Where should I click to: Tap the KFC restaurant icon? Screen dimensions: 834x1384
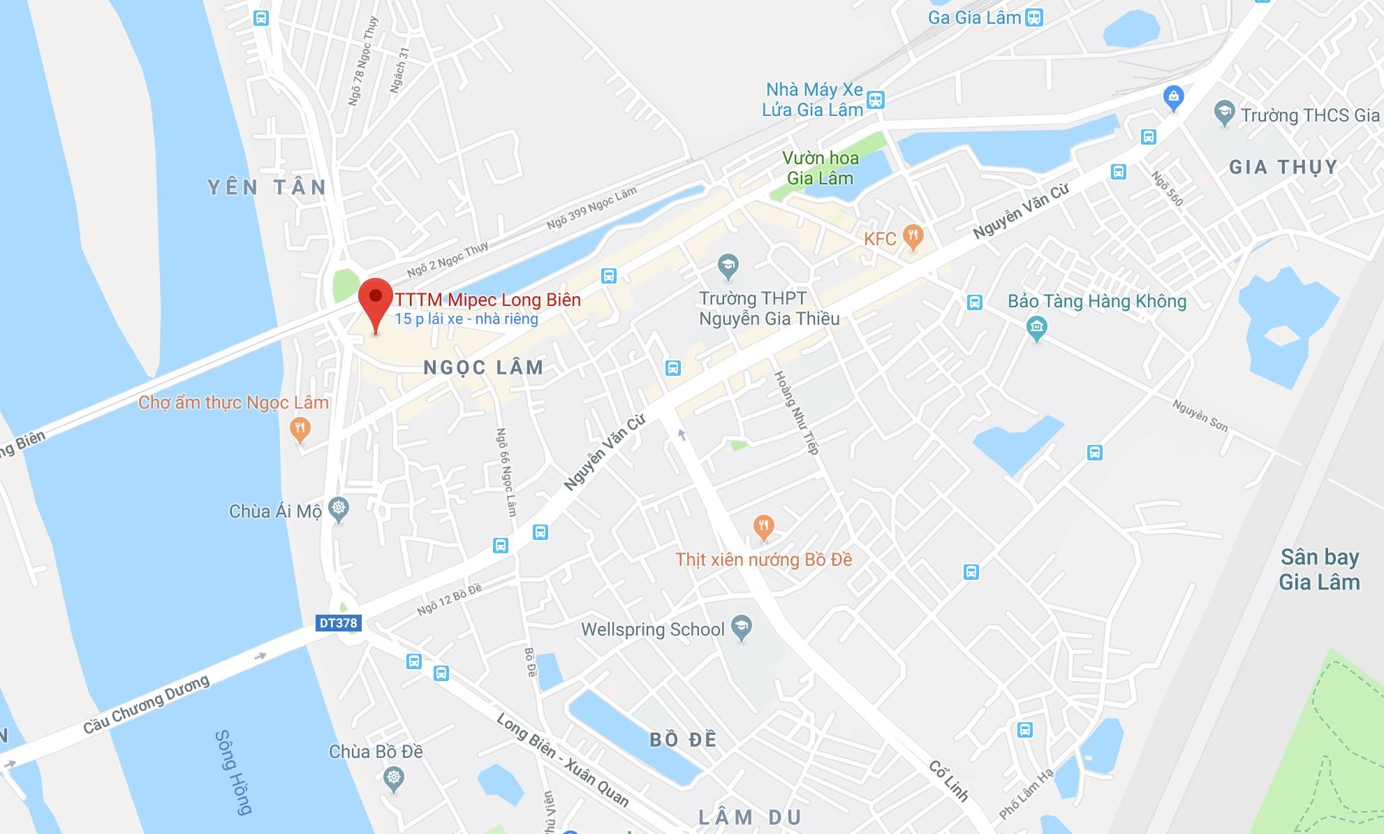913,236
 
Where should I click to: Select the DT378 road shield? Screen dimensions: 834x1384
338,623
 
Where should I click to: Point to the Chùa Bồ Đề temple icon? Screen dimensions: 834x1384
395,777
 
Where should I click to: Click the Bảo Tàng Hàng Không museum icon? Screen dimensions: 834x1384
1037,327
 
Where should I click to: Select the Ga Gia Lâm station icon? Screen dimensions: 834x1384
1034,17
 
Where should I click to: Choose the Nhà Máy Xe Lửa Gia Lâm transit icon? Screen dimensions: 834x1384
876,100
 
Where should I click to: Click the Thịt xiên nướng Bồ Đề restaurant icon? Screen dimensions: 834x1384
764,527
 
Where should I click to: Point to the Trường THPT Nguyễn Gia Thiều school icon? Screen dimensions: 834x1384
728,265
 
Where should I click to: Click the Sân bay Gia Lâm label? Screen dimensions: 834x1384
1319,569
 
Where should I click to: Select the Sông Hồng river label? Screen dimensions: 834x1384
233,772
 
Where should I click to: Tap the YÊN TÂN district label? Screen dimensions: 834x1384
267,187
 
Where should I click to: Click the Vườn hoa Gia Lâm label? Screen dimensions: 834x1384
820,168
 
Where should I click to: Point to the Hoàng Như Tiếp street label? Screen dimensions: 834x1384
796,413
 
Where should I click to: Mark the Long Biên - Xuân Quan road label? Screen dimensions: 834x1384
563,759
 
